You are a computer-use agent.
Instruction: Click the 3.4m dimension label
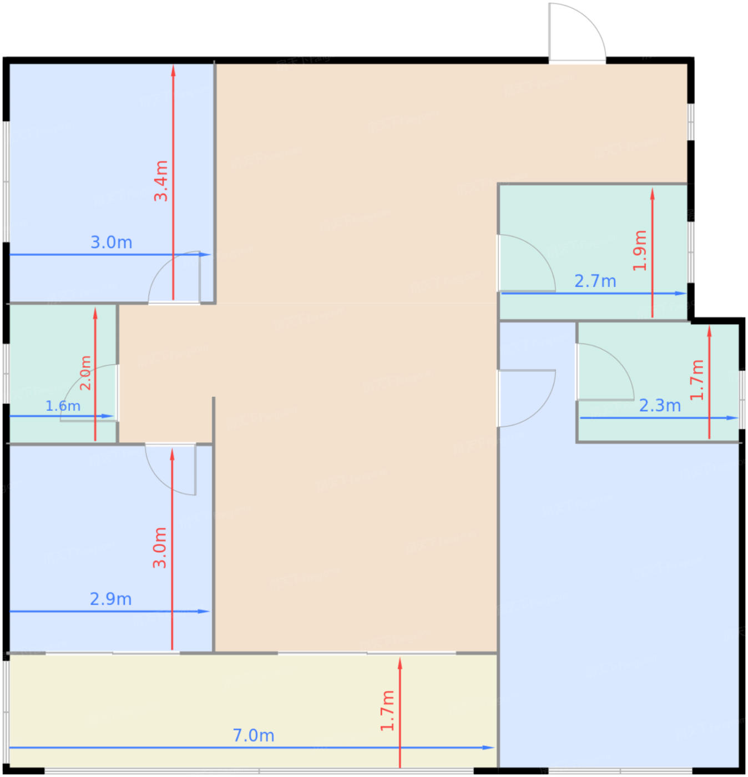[161, 180]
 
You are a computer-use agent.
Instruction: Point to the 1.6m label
[63, 406]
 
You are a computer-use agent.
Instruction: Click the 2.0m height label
[85, 372]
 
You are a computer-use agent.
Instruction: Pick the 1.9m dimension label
[640, 250]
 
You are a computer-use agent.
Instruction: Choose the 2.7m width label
[595, 281]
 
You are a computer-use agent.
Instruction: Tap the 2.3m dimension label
[660, 405]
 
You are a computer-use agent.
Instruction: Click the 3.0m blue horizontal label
[112, 243]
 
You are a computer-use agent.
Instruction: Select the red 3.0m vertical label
[159, 547]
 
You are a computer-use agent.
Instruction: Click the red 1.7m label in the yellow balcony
[387, 711]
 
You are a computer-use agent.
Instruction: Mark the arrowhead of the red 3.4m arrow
[173, 70]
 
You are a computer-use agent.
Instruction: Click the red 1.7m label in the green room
[696, 380]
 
